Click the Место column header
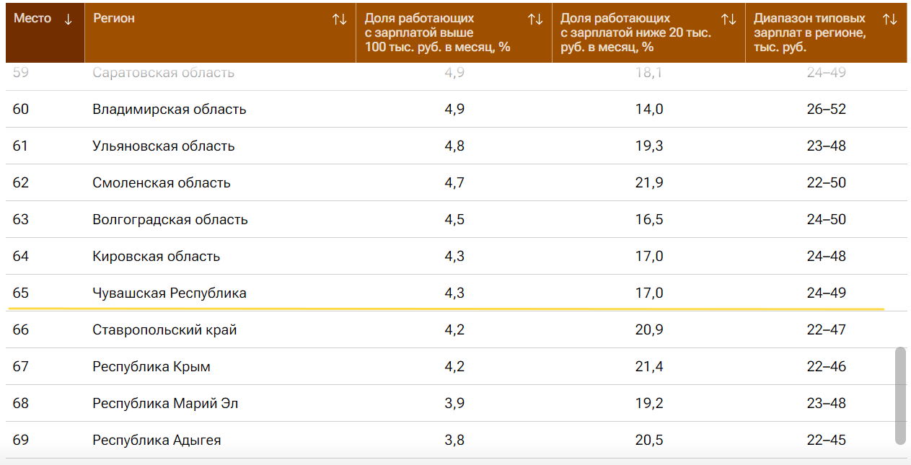click(33, 19)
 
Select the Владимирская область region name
click(170, 110)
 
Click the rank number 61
click(21, 146)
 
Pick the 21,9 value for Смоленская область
click(649, 183)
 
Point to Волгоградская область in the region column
click(170, 220)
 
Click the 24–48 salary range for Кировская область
click(826, 257)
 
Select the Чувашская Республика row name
click(170, 293)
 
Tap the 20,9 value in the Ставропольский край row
click(649, 330)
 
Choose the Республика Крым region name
click(151, 367)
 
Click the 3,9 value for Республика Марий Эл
click(454, 404)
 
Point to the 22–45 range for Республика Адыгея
click(826, 440)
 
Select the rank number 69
click(21, 440)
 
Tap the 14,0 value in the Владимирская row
click(649, 110)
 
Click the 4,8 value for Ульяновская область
click(454, 146)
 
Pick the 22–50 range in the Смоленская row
click(826, 183)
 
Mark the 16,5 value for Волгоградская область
click(649, 220)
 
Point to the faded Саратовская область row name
click(164, 73)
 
